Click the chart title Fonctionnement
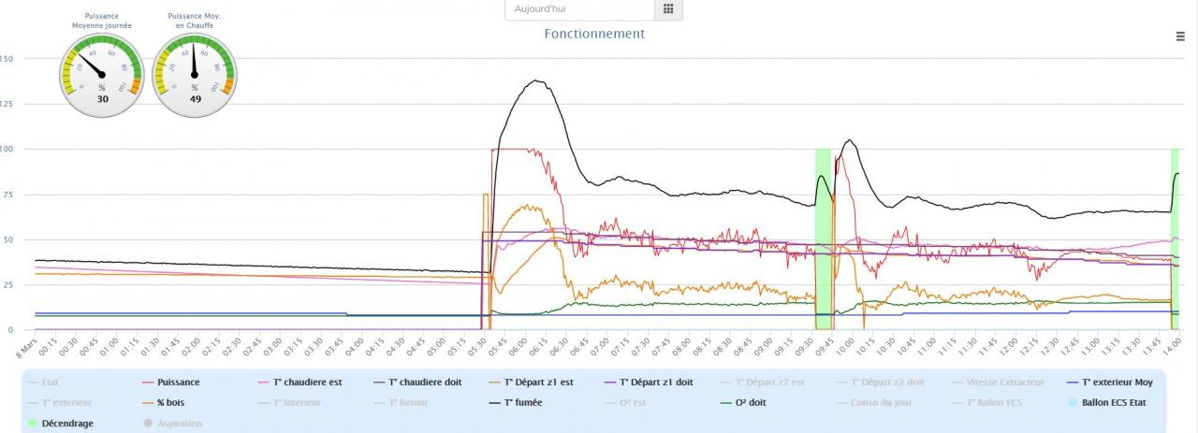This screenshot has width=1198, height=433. (x=594, y=34)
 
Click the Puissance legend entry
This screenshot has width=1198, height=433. (x=178, y=382)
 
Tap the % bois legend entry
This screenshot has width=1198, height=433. (x=173, y=402)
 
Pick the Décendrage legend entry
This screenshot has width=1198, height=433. (x=67, y=423)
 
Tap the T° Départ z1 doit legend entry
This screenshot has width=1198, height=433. (x=656, y=382)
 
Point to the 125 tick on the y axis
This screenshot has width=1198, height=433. (x=7, y=104)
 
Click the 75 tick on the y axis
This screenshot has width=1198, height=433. (x=7, y=195)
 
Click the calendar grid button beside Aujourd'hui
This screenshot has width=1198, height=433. (x=667, y=9)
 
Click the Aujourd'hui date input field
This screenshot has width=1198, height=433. (x=578, y=9)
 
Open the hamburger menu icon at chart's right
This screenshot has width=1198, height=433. (x=1180, y=36)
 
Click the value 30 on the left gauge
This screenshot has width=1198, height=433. (x=103, y=98)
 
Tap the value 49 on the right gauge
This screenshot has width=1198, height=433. (x=195, y=98)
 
